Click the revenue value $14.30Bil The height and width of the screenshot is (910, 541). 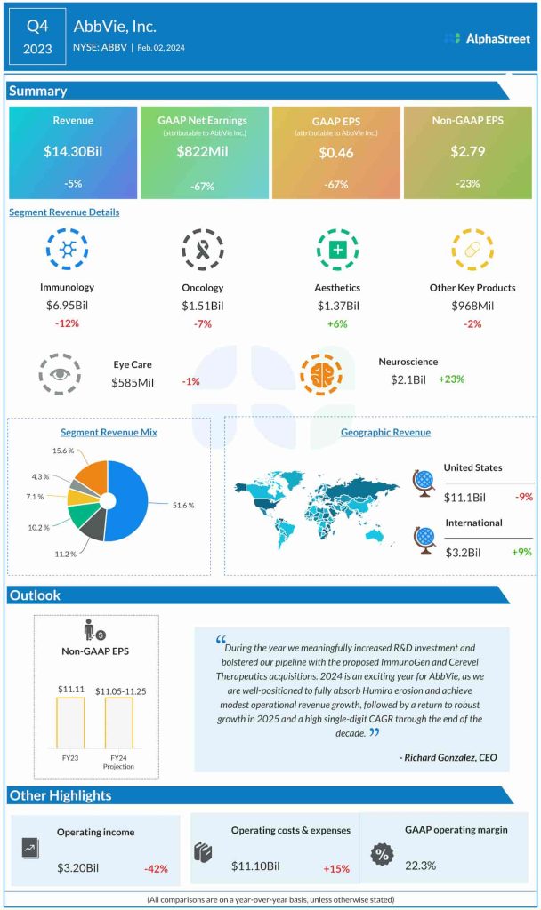73,152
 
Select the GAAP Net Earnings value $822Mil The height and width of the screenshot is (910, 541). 202,152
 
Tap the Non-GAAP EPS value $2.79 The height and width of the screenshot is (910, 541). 466,152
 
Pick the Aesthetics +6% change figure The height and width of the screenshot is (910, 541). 338,323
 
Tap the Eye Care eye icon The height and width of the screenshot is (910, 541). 61,374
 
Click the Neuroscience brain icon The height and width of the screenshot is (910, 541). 320,374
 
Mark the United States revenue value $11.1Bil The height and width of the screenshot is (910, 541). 466,498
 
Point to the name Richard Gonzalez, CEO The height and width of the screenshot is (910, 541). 448,757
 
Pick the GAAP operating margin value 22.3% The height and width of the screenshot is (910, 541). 419,866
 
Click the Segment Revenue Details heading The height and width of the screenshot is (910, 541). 64,212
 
